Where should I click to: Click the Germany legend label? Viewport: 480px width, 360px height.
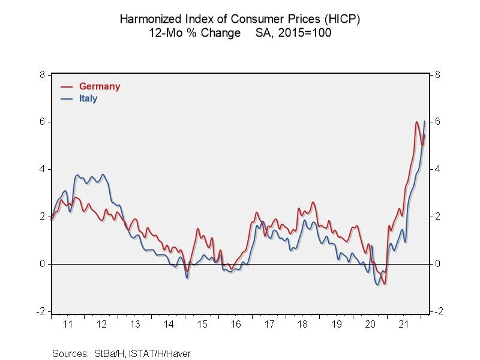point(100,86)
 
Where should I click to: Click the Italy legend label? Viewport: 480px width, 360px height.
point(88,98)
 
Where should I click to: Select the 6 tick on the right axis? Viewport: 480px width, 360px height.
point(438,122)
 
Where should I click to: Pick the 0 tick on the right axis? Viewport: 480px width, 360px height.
point(438,264)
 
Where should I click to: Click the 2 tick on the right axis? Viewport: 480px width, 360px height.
point(438,217)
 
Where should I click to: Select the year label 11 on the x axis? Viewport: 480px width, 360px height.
point(68,324)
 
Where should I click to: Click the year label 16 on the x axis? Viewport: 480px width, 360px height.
point(236,324)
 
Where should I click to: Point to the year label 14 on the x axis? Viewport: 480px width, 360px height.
point(169,324)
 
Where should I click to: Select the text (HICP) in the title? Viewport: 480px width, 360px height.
point(342,19)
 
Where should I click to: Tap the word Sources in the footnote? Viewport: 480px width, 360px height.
point(69,353)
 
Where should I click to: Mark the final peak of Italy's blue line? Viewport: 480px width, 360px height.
point(425,121)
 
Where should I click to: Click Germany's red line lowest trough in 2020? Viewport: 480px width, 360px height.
point(385,284)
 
